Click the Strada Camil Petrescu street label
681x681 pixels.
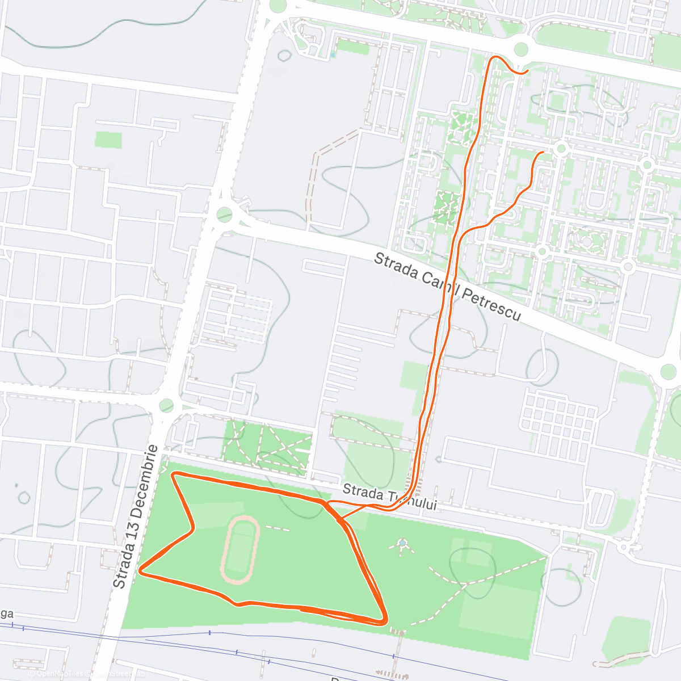(x=447, y=287)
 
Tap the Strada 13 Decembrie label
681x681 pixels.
(x=136, y=516)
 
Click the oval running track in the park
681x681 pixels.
(x=239, y=550)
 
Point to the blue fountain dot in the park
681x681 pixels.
(x=402, y=543)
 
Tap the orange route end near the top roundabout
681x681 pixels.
(x=527, y=70)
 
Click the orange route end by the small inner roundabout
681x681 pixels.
(x=543, y=153)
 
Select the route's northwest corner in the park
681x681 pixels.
(x=174, y=474)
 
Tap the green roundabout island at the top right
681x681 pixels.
(x=521, y=49)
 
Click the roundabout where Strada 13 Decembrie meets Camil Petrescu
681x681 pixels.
(x=225, y=215)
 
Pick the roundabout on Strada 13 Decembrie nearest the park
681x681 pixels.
(x=166, y=405)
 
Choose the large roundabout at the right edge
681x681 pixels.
(x=669, y=372)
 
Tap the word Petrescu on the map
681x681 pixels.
(x=490, y=304)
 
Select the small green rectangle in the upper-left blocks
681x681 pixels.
(x=108, y=140)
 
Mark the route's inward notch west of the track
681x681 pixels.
(x=194, y=528)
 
